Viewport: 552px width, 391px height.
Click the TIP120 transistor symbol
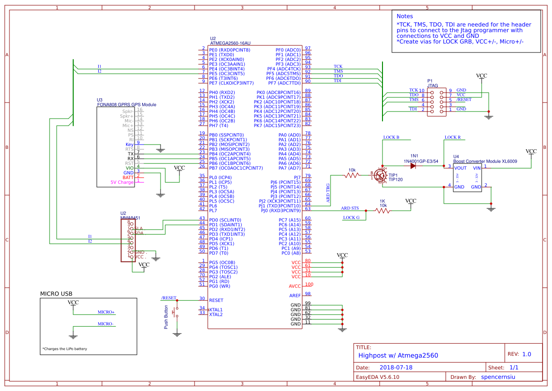[x=380, y=175]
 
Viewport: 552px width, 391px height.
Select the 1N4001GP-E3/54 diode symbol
[x=414, y=168]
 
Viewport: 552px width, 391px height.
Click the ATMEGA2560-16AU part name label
[x=230, y=43]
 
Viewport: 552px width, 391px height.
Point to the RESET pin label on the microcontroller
[x=216, y=300]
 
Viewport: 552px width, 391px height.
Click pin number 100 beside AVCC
[x=308, y=284]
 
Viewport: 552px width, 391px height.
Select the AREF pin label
[x=295, y=296]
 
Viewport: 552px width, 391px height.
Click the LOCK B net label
[x=391, y=137]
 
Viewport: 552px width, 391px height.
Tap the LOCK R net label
[x=452, y=137]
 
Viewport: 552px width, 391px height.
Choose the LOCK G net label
[x=351, y=218]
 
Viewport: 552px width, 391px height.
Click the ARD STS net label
[x=350, y=208]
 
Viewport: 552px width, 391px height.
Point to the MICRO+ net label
[x=106, y=312]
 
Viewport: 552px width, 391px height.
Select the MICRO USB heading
[x=56, y=294]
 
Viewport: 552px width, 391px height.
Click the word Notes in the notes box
[x=405, y=16]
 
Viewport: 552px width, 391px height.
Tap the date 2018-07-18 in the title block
[x=396, y=367]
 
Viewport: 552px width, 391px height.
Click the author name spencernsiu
[x=501, y=377]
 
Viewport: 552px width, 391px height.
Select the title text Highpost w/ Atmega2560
[x=398, y=356]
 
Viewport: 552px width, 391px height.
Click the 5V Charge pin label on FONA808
[x=122, y=182]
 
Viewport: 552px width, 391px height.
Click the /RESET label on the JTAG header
[x=464, y=100]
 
